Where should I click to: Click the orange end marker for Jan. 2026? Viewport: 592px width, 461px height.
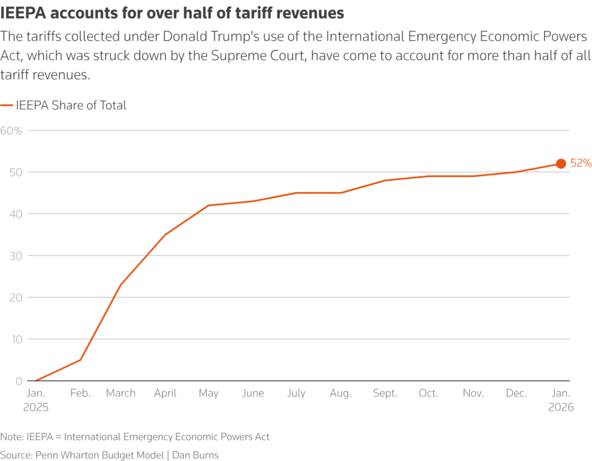click(560, 164)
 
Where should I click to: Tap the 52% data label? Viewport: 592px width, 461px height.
click(580, 163)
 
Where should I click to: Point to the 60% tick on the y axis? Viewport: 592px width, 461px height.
click(12, 130)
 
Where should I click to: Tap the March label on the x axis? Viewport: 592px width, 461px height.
click(121, 393)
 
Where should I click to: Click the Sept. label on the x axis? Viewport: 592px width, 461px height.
click(384, 393)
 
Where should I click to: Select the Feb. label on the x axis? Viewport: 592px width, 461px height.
click(80, 393)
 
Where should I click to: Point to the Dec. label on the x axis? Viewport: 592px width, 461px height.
click(516, 393)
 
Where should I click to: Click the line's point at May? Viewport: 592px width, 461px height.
click(208, 205)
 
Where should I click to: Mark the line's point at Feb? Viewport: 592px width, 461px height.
click(80, 360)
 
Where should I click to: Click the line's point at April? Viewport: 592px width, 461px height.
click(165, 235)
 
